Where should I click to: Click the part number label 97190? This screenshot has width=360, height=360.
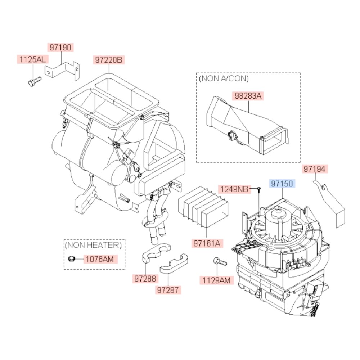coord(60,47)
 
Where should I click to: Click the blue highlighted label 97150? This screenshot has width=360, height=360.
coord(283,184)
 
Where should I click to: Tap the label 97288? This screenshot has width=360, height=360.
coord(146,278)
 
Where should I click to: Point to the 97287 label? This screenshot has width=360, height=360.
coord(168,290)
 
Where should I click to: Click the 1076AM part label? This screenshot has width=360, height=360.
coord(100,258)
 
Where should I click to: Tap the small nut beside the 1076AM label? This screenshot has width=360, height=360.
coord(71,258)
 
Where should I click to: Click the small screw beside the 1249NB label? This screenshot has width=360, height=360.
coord(258,189)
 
